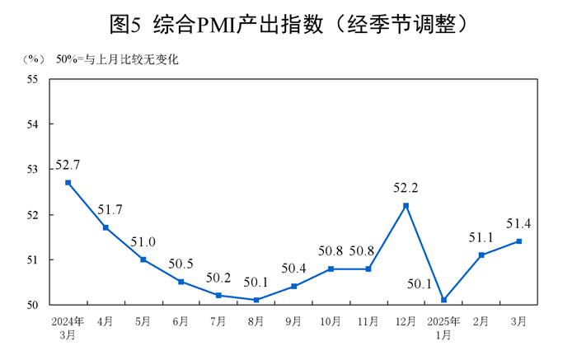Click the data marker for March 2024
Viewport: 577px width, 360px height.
pyautogui.click(x=68, y=182)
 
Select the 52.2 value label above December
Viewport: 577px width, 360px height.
pyautogui.click(x=406, y=188)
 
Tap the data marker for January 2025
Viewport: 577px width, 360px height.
pyautogui.click(x=443, y=300)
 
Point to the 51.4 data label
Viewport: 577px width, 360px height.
pyautogui.click(x=518, y=223)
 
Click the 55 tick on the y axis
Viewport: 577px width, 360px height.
pyautogui.click(x=34, y=79)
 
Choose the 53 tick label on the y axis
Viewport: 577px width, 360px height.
pyautogui.click(x=34, y=170)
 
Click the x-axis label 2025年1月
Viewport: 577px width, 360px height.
pyautogui.click(x=443, y=328)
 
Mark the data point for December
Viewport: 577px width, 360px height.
pyautogui.click(x=406, y=205)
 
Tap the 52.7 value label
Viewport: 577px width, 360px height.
pyautogui.click(x=68, y=165)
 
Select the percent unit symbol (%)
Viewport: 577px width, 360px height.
pyautogui.click(x=34, y=59)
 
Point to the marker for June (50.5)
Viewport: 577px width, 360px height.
pyautogui.click(x=181, y=282)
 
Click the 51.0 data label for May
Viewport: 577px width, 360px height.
pyautogui.click(x=143, y=241)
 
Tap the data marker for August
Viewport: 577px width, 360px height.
pyautogui.click(x=256, y=300)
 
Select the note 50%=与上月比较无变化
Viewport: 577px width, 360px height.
pyautogui.click(x=117, y=59)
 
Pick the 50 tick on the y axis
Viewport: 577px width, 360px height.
pyautogui.click(x=34, y=305)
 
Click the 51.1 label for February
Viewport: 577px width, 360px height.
pyautogui.click(x=481, y=238)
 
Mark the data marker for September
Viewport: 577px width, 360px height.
pyautogui.click(x=293, y=286)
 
